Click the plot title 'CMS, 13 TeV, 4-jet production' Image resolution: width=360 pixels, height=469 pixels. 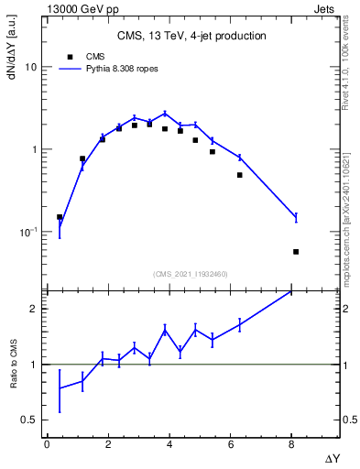[191, 37]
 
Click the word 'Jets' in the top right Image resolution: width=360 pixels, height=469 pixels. [335, 8]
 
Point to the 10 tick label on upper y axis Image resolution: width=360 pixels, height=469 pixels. [30, 68]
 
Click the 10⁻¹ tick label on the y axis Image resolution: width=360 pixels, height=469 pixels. [28, 232]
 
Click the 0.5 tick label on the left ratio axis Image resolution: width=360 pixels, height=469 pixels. [28, 420]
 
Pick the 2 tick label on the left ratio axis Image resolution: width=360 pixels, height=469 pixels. [33, 309]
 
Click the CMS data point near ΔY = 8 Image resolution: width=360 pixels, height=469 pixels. [296, 251]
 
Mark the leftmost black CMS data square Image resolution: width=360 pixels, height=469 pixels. [60, 217]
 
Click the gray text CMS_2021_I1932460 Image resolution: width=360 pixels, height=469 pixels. [191, 273]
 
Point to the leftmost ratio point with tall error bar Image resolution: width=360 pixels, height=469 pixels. [60, 388]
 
